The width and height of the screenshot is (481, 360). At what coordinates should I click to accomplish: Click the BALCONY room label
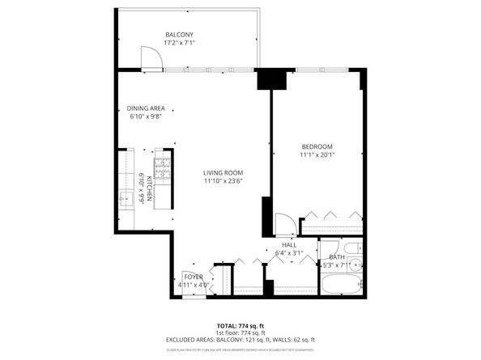click(x=179, y=33)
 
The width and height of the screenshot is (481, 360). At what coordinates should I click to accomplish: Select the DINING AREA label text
click(x=146, y=108)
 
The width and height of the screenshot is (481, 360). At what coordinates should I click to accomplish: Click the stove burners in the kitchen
click(x=162, y=171)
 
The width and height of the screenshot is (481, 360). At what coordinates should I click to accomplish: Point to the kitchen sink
click(x=126, y=197)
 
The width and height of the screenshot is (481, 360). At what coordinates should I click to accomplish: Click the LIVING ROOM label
click(x=223, y=172)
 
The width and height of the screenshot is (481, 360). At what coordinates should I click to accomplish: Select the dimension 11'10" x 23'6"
click(x=223, y=181)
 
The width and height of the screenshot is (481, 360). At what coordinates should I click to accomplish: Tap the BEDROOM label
click(x=317, y=146)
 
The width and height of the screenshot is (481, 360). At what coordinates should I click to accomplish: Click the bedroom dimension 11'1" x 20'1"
click(x=317, y=155)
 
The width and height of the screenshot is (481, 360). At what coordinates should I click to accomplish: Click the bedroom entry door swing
click(x=285, y=223)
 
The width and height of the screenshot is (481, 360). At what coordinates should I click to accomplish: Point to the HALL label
click(x=288, y=244)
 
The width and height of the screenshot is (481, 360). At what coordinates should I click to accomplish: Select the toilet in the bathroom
click(x=352, y=248)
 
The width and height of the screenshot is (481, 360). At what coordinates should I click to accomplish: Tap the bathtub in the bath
click(x=343, y=283)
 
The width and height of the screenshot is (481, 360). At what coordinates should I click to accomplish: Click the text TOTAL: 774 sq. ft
click(x=240, y=324)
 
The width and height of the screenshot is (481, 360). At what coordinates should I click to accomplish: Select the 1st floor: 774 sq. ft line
click(x=240, y=332)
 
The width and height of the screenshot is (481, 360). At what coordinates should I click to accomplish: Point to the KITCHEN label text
click(x=150, y=188)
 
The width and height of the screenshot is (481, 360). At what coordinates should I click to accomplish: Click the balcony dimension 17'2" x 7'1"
click(x=179, y=42)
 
